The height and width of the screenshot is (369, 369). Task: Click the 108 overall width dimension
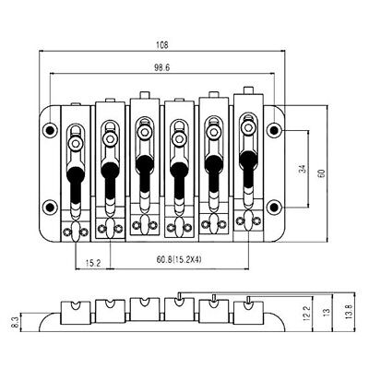pos(162,45)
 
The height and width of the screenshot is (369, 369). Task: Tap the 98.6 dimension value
pos(161,67)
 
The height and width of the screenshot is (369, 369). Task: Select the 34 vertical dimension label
pos(303,169)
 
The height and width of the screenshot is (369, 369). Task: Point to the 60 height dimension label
pos(322,173)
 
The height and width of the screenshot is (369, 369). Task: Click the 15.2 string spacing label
pos(93,263)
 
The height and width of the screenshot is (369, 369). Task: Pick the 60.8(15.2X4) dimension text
pos(179,259)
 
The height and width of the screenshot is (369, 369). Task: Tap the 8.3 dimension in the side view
pos(17,322)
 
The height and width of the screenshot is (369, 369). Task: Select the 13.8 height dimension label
pos(349,311)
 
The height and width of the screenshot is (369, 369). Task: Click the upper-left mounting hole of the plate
pos(50,131)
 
